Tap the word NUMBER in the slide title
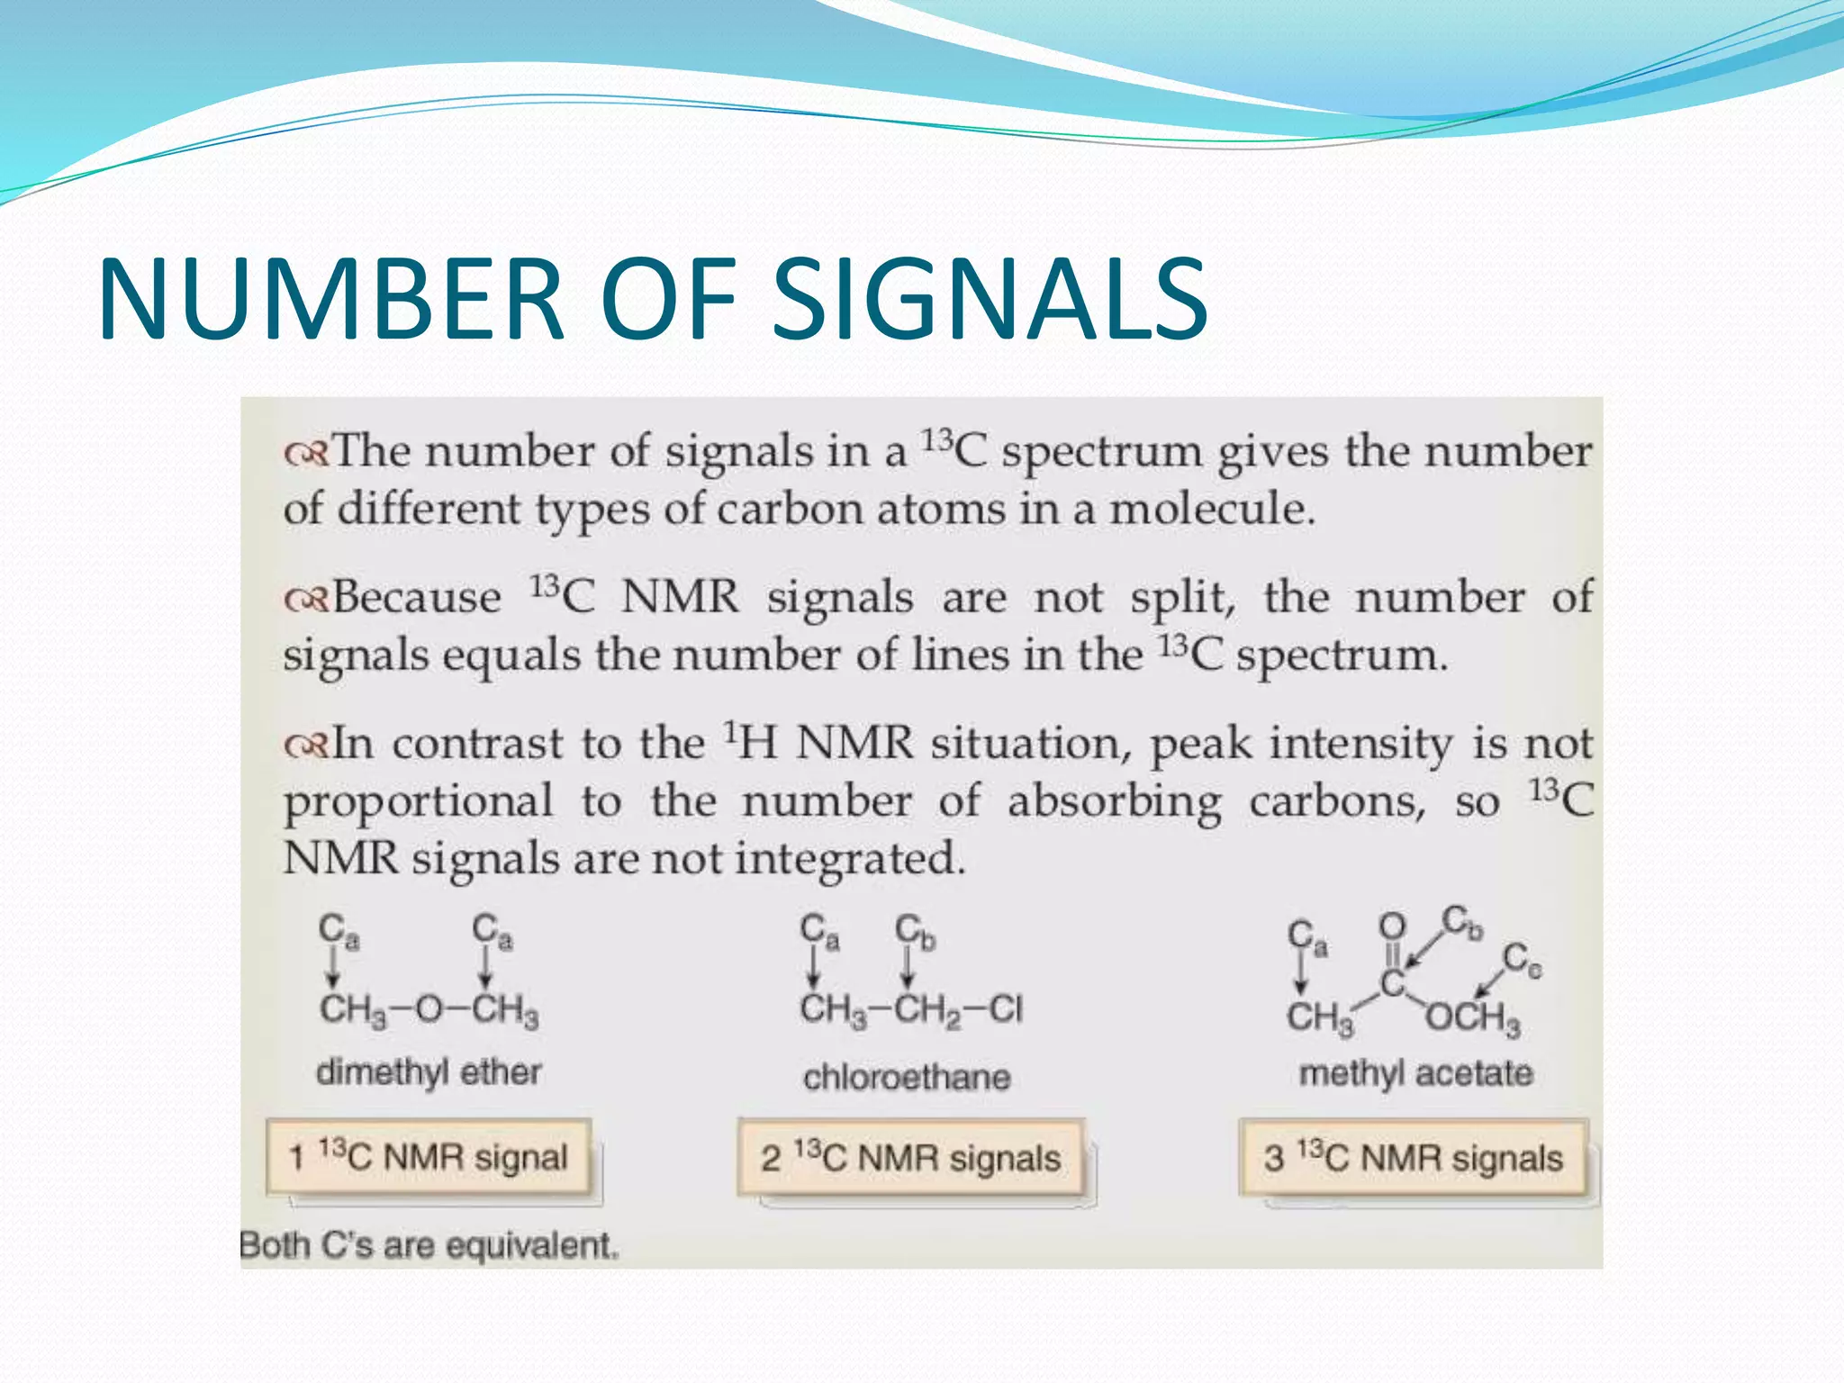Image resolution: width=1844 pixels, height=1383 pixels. [x=331, y=299]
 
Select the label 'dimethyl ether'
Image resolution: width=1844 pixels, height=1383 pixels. [x=429, y=1072]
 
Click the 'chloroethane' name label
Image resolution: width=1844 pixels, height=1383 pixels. [x=907, y=1077]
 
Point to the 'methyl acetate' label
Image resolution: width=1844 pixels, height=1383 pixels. [x=1415, y=1073]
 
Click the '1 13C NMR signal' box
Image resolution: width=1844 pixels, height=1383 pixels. [x=429, y=1157]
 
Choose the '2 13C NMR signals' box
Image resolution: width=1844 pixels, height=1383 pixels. [x=910, y=1158]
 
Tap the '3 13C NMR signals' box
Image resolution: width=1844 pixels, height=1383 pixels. [x=1413, y=1158]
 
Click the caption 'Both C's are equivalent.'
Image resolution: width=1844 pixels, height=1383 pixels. [x=429, y=1246]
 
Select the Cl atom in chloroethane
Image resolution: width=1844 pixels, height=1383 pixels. [x=1006, y=1009]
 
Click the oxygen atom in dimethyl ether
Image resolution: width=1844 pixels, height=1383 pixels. [x=429, y=1009]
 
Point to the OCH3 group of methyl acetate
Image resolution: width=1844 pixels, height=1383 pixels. [x=1473, y=1017]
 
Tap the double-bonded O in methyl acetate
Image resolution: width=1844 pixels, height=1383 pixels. [x=1392, y=926]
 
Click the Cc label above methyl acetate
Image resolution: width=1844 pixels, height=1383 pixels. [x=1522, y=960]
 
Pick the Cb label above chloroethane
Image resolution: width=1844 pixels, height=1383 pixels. [x=915, y=933]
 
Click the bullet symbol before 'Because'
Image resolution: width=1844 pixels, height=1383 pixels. [x=306, y=599]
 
